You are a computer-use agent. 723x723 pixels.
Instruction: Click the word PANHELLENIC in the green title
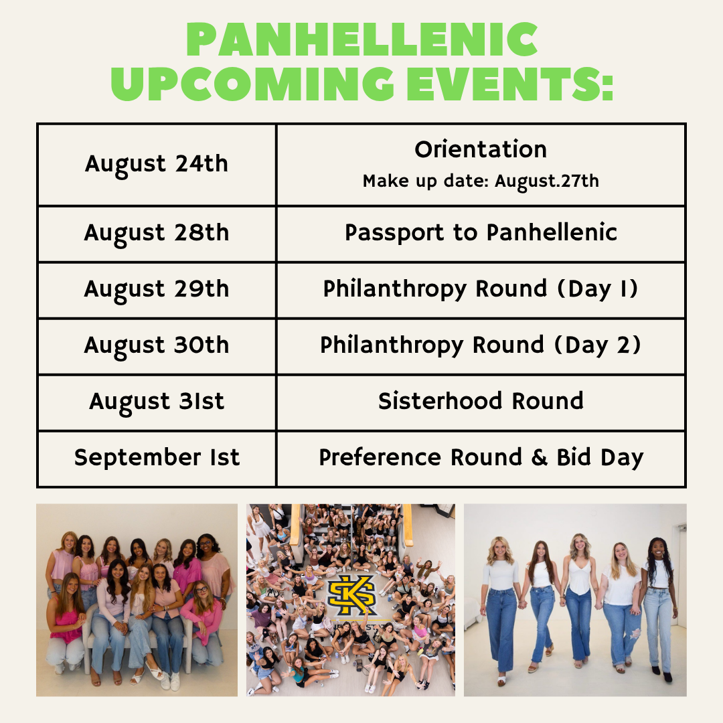(361, 40)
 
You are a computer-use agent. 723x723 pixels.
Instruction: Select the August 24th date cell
(157, 165)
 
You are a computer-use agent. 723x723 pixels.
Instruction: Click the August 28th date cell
(157, 234)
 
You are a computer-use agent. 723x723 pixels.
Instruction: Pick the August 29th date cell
(157, 290)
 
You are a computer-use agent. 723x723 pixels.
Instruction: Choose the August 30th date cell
(157, 346)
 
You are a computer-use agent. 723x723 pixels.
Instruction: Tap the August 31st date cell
(157, 402)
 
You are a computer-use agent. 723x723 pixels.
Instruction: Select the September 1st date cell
(157, 459)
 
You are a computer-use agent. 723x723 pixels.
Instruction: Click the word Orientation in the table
(481, 150)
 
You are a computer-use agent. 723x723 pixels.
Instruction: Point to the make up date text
(481, 181)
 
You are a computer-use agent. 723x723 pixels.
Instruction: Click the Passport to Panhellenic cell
(481, 234)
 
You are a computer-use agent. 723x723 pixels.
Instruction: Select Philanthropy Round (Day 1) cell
(481, 290)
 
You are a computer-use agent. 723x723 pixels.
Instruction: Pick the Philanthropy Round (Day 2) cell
(481, 346)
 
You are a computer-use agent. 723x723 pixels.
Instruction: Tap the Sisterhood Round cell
(481, 402)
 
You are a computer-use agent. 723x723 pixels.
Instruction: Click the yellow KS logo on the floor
(351, 596)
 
